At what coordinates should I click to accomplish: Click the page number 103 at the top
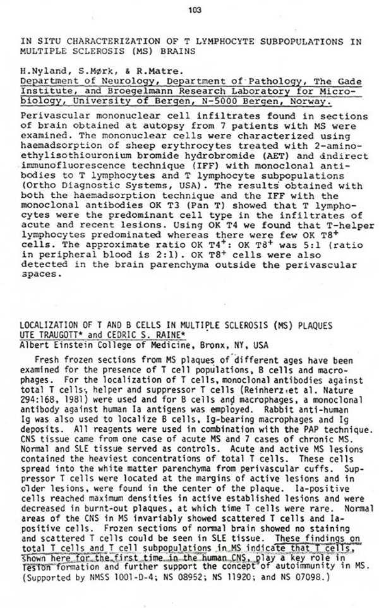pyautogui.click(x=194, y=9)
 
